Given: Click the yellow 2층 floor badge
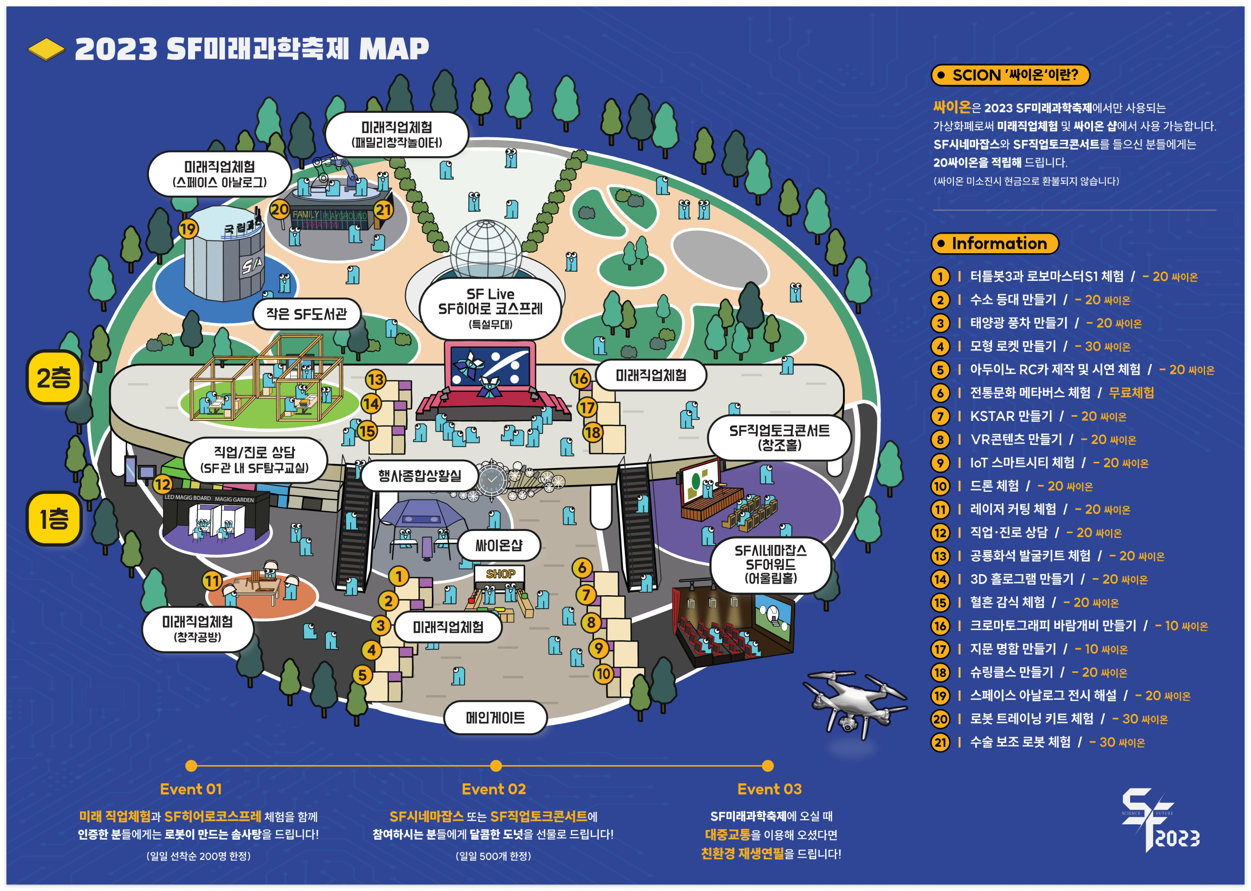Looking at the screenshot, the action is pos(54,378).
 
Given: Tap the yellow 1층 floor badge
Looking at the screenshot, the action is pos(54,518).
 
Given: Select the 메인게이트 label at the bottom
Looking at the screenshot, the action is pos(495,717).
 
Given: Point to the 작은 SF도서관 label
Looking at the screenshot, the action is pos(306,314).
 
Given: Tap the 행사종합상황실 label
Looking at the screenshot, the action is pos(420,475).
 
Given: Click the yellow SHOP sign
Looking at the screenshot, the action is pos(500,574).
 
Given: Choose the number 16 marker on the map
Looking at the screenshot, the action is pos(580,378).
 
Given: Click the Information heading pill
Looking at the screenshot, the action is pos(994,243).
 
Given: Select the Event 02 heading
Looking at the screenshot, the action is pos(493,789).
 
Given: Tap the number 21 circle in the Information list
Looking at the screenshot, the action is pos(940,742).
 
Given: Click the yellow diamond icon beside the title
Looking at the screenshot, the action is pos(46,49).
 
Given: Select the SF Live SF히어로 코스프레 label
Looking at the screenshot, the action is pos(490,308).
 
